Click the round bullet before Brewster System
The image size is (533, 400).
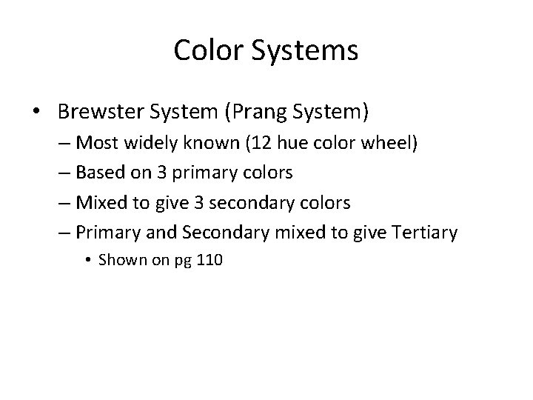tap(36, 113)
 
